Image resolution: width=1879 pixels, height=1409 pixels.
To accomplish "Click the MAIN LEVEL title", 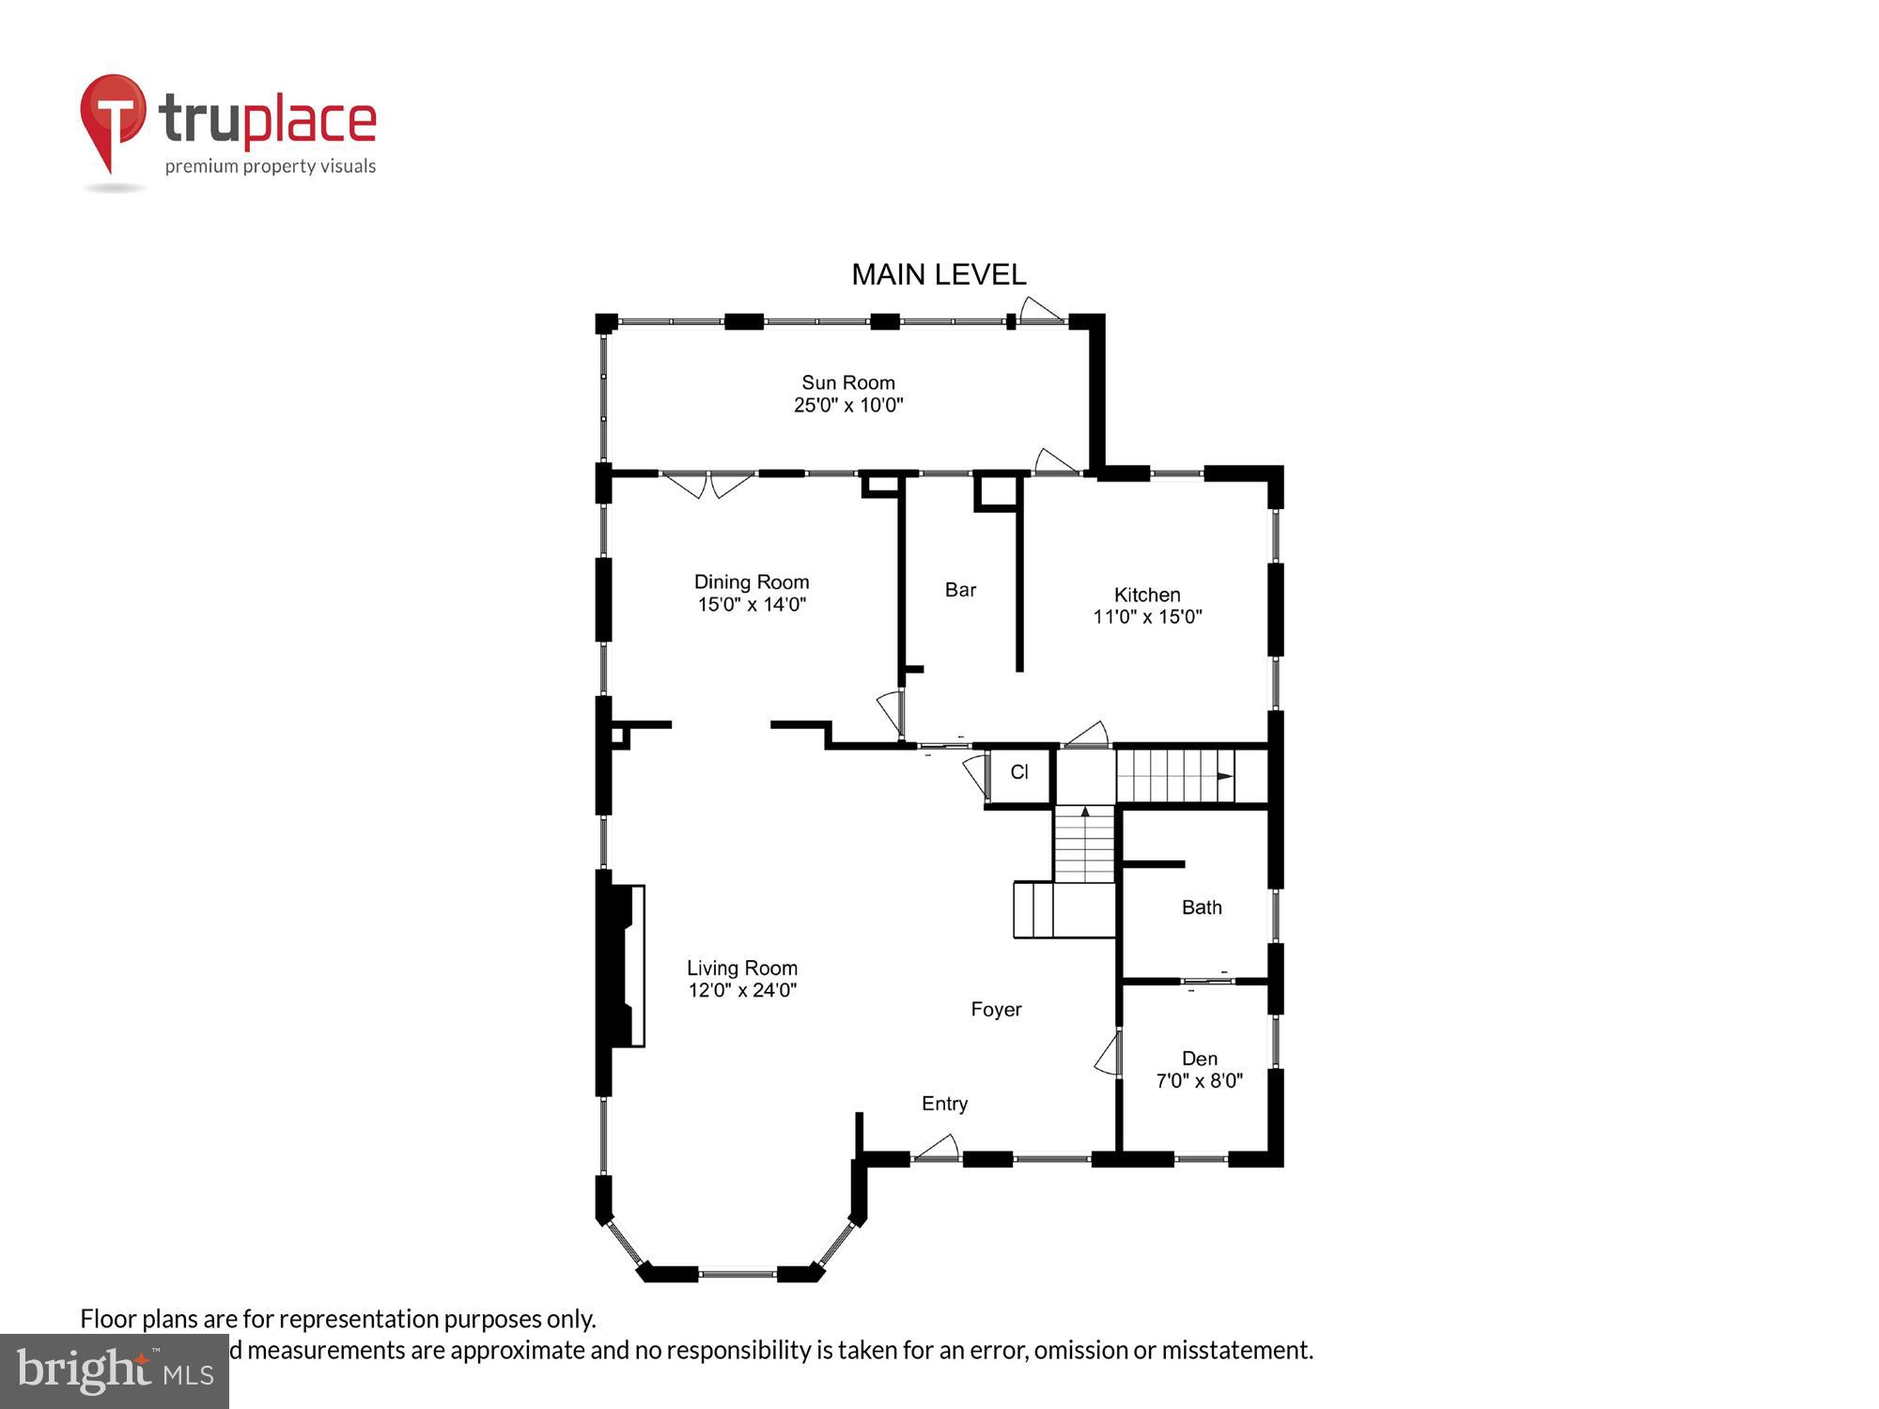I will pyautogui.click(x=938, y=274).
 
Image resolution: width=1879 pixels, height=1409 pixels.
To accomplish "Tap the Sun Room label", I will pyautogui.click(x=847, y=382).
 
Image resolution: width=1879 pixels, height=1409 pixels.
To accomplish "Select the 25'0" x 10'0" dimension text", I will pyautogui.click(x=847, y=405).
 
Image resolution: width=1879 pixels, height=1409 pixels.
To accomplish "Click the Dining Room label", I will pyautogui.click(x=751, y=581).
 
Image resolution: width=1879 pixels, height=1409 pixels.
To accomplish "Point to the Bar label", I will pyautogui.click(x=960, y=590).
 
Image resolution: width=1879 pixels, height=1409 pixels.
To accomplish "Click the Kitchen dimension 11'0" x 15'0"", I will pyautogui.click(x=1147, y=617).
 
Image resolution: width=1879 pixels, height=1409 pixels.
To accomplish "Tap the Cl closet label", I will pyautogui.click(x=1019, y=772).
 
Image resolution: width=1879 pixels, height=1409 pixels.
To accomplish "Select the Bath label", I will pyautogui.click(x=1202, y=907).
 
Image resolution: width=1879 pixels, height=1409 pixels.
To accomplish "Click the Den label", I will pyautogui.click(x=1200, y=1059).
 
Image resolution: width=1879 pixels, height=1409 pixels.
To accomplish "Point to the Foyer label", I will pyautogui.click(x=996, y=1009).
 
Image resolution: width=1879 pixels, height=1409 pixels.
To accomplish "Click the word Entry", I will pyautogui.click(x=944, y=1104).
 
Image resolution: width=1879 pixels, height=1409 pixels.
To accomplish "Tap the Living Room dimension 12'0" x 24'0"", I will pyautogui.click(x=742, y=990).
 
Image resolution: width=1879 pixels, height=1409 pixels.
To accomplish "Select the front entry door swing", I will pyautogui.click(x=937, y=1148).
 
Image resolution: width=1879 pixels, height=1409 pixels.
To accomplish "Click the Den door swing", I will pyautogui.click(x=1109, y=1054).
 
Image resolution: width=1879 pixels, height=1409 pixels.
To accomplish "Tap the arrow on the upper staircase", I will pyautogui.click(x=1224, y=776).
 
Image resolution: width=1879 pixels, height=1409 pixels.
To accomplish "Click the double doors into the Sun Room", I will pyautogui.click(x=709, y=485).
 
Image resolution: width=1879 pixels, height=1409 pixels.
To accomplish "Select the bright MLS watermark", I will pyautogui.click(x=115, y=1371).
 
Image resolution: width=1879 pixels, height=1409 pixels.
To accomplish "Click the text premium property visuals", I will pyautogui.click(x=271, y=166).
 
